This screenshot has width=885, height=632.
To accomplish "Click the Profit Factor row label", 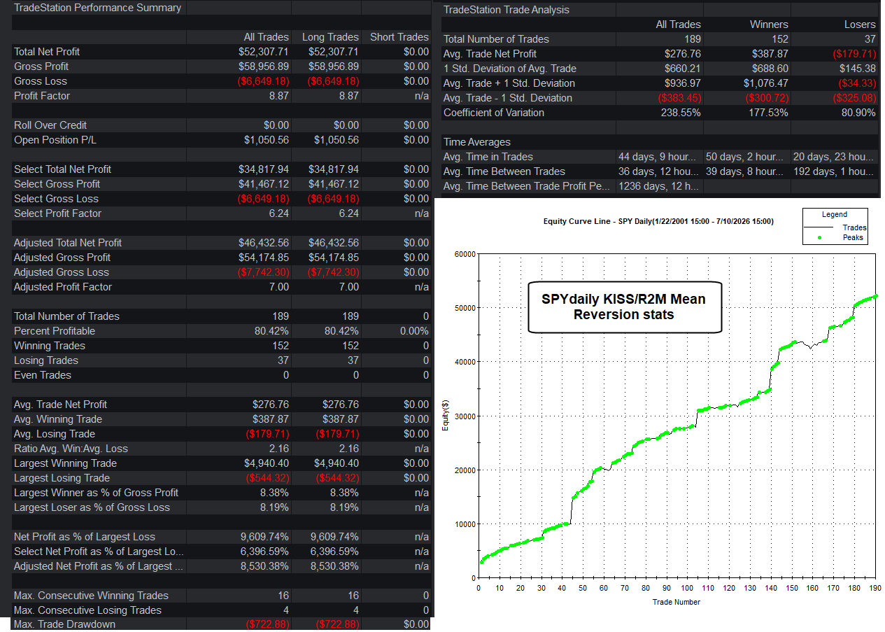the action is coord(42,96).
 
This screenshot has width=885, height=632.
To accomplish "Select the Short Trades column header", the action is coord(399,37).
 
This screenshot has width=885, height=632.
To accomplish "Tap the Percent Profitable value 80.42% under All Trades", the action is coord(271,331).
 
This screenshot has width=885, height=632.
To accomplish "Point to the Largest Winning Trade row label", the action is coord(65,463).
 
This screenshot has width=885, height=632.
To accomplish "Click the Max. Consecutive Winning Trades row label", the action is coord(91,596).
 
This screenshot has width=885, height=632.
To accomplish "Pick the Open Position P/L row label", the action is coord(55,140).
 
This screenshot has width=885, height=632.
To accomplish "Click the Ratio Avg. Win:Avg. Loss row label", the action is coord(71,449).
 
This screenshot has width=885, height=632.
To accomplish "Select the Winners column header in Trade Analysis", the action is coord(769,24).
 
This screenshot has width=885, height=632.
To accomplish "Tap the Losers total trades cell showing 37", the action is coord(870,39).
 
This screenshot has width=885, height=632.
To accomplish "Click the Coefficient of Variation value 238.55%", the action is coord(681,113).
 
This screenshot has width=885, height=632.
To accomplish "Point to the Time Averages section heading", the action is coord(477,142).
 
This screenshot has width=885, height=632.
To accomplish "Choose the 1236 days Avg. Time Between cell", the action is coord(658,186).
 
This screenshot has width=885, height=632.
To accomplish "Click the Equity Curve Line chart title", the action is coord(658,221).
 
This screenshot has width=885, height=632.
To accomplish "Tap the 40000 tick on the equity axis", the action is coord(465,362).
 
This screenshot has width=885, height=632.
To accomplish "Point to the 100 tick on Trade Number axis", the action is coord(687,588).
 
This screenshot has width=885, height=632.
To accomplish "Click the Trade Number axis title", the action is coord(676,602).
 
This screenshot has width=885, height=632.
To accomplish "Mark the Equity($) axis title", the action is coord(445,415).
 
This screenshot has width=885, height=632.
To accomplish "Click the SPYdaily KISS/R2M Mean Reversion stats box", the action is coord(625,307).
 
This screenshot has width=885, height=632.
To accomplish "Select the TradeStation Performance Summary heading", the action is coord(97,8).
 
